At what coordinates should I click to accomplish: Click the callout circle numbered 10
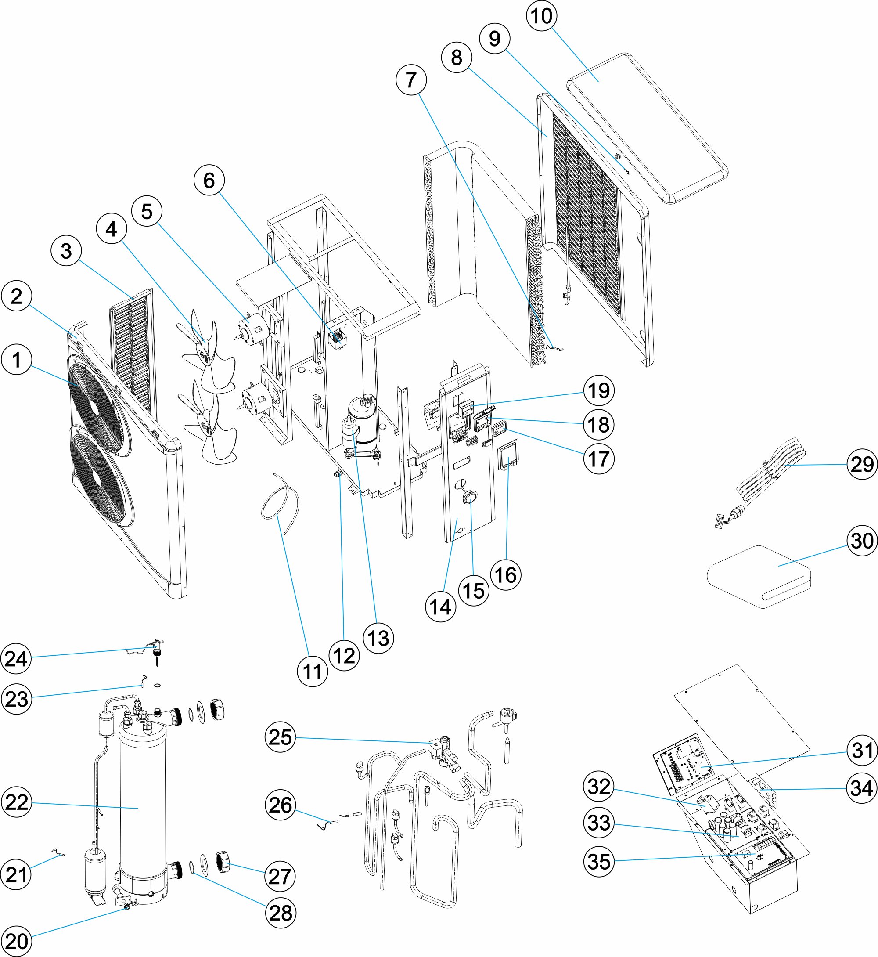click(x=542, y=16)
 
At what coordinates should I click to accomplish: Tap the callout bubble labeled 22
click(x=17, y=802)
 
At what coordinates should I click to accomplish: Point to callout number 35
click(x=599, y=861)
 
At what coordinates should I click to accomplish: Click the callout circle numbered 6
click(x=209, y=180)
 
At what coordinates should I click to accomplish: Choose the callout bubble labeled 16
click(x=506, y=575)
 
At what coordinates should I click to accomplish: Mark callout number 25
click(x=281, y=737)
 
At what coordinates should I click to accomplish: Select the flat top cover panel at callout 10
click(x=646, y=128)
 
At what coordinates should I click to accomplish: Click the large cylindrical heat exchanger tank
click(x=143, y=803)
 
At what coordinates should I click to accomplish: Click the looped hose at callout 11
click(x=281, y=499)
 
